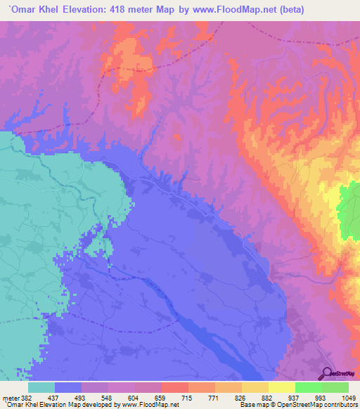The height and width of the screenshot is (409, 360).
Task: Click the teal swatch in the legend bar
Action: coord(41,387)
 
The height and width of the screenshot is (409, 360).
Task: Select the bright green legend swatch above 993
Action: coord(308,387)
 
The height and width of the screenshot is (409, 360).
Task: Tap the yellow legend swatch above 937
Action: coord(281,387)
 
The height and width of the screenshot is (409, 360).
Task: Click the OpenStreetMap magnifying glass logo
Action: coord(327,372)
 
